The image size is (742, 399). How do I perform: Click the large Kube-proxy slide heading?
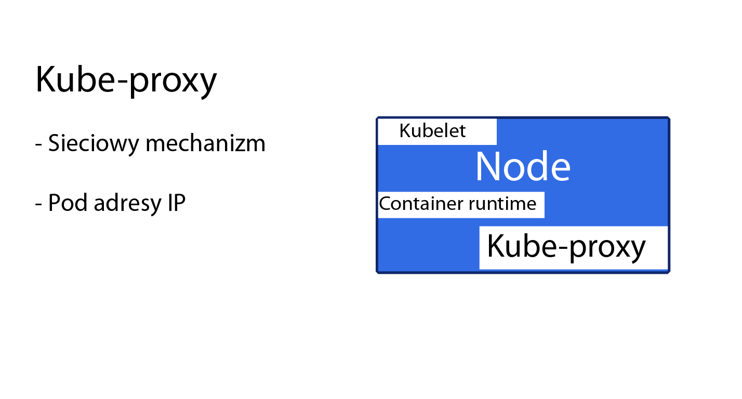[126, 81]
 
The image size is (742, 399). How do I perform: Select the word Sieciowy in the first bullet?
[94, 144]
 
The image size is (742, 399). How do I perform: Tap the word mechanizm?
[205, 143]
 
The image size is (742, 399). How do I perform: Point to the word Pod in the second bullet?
[68, 203]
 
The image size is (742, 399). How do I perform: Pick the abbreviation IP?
[176, 203]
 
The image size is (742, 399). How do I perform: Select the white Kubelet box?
[438, 132]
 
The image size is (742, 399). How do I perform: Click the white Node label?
[523, 167]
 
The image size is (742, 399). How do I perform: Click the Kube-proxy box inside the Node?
[574, 248]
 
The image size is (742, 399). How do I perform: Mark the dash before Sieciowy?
[38, 145]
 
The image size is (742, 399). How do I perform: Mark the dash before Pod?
[38, 204]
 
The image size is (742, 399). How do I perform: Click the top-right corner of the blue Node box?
[669, 117]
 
